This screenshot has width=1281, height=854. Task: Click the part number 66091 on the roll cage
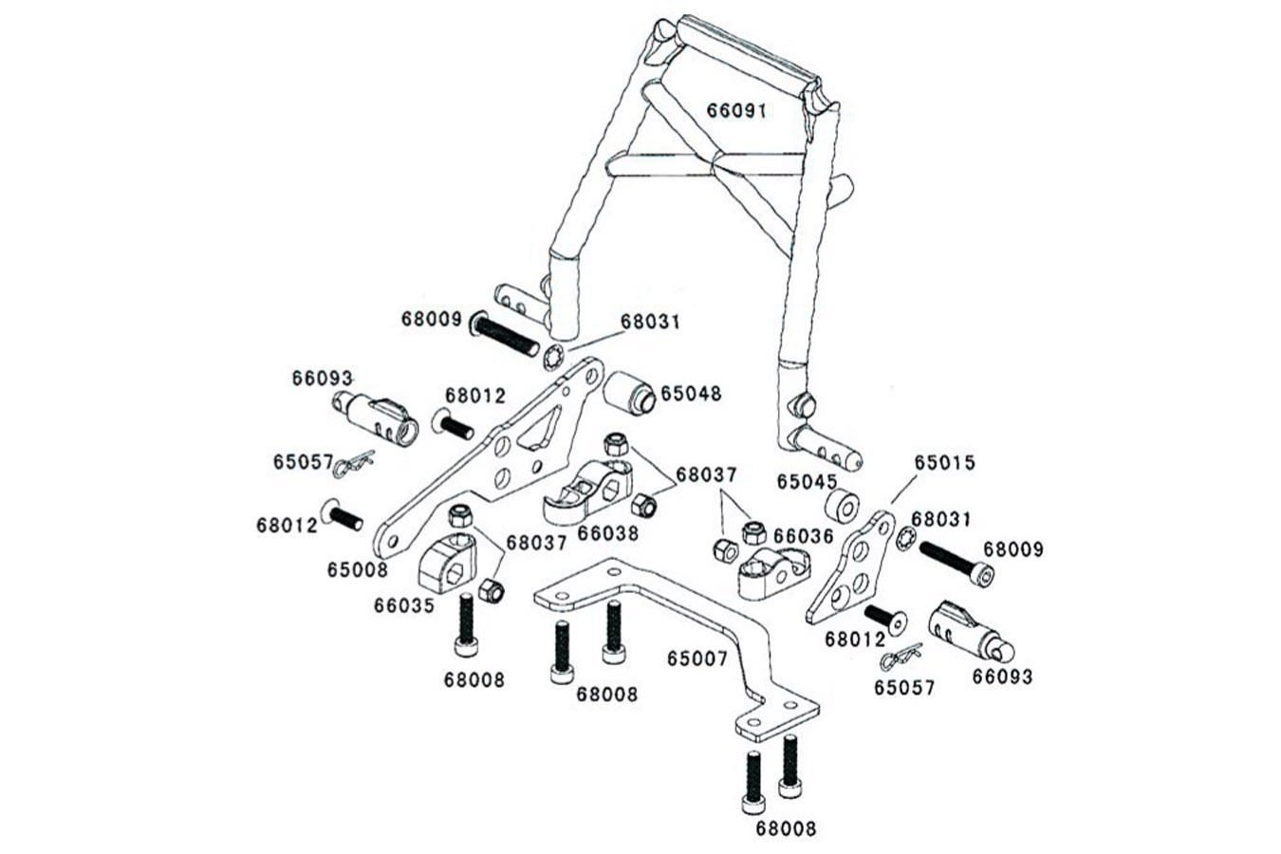tap(735, 110)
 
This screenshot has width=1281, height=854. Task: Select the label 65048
tap(690, 393)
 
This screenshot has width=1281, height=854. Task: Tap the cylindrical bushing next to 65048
tap(630, 392)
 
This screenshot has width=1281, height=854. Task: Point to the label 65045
tap(807, 481)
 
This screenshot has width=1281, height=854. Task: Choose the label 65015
tap(944, 463)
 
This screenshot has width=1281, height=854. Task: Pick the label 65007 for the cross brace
tap(696, 658)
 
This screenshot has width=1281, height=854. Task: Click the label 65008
tap(358, 569)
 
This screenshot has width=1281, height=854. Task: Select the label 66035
tap(403, 604)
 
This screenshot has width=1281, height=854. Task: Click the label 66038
tap(607, 533)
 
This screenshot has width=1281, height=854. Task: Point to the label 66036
tap(803, 537)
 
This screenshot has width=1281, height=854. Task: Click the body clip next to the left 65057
tap(354, 462)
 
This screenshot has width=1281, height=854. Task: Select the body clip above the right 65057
tap(900, 656)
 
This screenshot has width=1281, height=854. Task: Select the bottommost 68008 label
tap(786, 828)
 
